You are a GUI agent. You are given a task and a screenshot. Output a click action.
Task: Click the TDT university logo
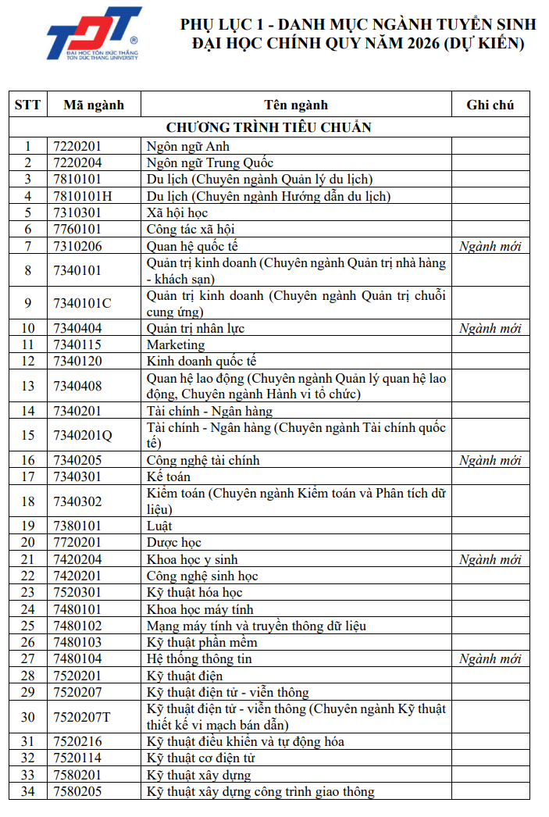[x=93, y=34]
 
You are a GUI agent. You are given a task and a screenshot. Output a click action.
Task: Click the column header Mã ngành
[x=93, y=105]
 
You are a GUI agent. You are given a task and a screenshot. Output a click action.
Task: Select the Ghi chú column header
[x=490, y=105]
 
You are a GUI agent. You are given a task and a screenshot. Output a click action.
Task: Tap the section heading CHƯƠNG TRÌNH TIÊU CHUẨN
[x=269, y=127]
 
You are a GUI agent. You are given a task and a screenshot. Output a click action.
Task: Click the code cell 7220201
[x=78, y=146]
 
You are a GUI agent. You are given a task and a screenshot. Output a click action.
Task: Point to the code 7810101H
[x=83, y=196]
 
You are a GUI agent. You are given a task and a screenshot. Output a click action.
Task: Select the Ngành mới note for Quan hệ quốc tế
[x=490, y=246]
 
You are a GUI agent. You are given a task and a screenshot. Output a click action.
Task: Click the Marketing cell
[x=176, y=344]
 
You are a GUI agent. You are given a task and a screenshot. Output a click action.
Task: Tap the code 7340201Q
[x=83, y=435]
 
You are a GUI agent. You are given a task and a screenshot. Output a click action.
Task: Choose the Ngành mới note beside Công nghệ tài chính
[x=490, y=460]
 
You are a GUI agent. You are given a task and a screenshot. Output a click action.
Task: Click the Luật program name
[x=159, y=526]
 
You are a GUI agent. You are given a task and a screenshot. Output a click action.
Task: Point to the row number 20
[x=28, y=542]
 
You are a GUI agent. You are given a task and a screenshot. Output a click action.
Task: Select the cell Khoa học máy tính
[x=200, y=608]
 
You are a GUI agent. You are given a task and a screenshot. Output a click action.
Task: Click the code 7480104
[x=78, y=658]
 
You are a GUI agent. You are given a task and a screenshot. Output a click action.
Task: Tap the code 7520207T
[x=82, y=717]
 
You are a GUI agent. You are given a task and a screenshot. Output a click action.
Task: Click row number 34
[x=28, y=791]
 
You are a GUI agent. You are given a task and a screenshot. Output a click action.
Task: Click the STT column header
[x=28, y=105]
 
